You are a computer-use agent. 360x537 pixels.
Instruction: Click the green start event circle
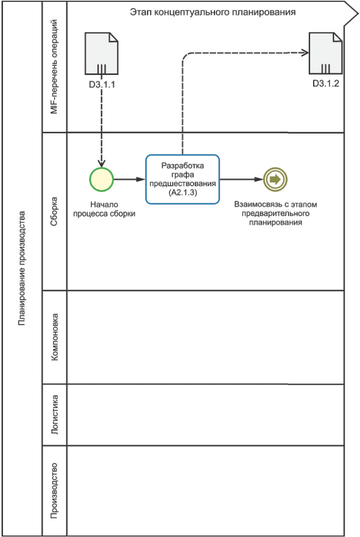101,179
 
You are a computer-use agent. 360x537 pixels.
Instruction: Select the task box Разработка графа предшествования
183,179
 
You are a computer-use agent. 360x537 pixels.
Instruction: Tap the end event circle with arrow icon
275,179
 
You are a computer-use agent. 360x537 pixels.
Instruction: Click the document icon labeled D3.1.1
101,54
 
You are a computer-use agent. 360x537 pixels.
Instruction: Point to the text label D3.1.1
102,84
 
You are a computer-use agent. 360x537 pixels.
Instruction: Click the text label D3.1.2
326,84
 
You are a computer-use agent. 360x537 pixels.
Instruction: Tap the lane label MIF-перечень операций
55,67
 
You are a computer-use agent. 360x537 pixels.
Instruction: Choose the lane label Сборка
55,211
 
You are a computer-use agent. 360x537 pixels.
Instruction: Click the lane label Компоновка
55,337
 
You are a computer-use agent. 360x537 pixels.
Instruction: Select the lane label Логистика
55,414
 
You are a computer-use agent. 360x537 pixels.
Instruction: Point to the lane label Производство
55,490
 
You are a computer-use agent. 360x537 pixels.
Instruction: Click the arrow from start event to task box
129,179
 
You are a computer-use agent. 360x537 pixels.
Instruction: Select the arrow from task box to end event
241,179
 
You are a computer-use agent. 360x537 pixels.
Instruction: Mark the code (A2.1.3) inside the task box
182,192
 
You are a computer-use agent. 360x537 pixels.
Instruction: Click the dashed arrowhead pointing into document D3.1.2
304,52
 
